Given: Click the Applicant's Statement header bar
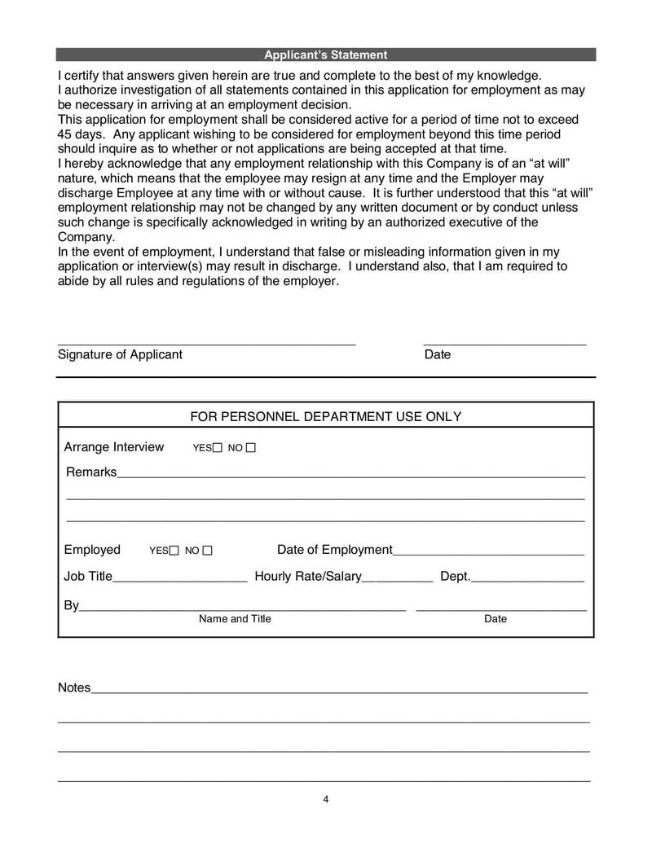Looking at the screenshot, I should pos(325,55).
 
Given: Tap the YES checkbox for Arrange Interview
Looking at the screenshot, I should pos(217,448).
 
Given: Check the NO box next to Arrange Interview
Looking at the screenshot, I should pos(250,448).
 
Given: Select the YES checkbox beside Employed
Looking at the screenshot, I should pos(174,551).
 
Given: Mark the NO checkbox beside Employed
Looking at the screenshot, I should pos(207,551).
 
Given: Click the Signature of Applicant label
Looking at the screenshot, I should pos(120,354).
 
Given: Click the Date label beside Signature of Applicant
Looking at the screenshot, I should pos(437,354).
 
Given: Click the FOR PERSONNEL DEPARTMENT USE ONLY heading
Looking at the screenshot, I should pos(325,416).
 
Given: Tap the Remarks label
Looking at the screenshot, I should pos(90,472).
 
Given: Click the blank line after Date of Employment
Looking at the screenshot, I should pos(488,553).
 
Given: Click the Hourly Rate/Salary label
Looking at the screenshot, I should pos(307,577).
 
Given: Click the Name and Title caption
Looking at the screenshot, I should pos(235,619).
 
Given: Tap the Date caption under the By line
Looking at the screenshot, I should pos(495,619).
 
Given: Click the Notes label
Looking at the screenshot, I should pos(74,687).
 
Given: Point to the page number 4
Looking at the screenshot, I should pos(325,799).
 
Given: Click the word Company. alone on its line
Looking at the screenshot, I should pos(86,236).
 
